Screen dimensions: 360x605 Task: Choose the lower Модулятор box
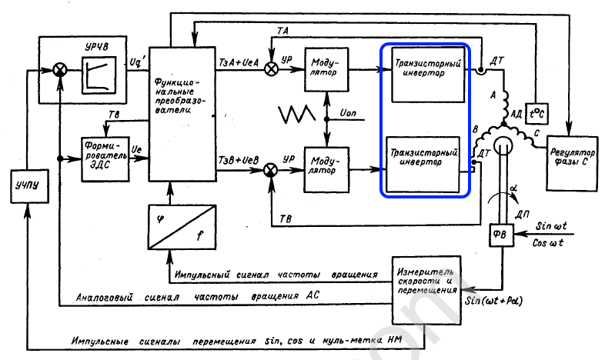pos(329,165)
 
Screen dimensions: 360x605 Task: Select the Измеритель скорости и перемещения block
pos(426,288)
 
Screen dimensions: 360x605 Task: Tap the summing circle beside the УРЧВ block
pos(59,70)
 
